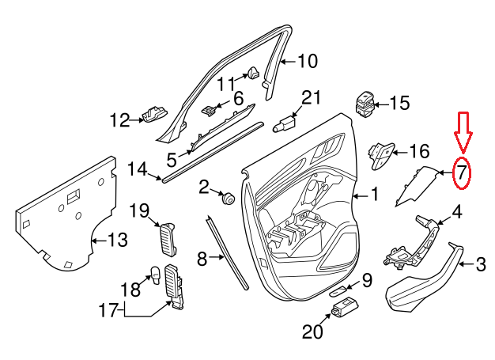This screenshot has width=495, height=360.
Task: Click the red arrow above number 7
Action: [463, 131]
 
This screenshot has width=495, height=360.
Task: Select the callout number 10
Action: [307, 60]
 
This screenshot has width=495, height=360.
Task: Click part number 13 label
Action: [116, 240]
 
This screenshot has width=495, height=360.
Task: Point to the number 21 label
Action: [312, 97]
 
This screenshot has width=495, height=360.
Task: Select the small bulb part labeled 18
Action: [156, 275]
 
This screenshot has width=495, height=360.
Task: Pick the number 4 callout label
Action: [455, 212]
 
